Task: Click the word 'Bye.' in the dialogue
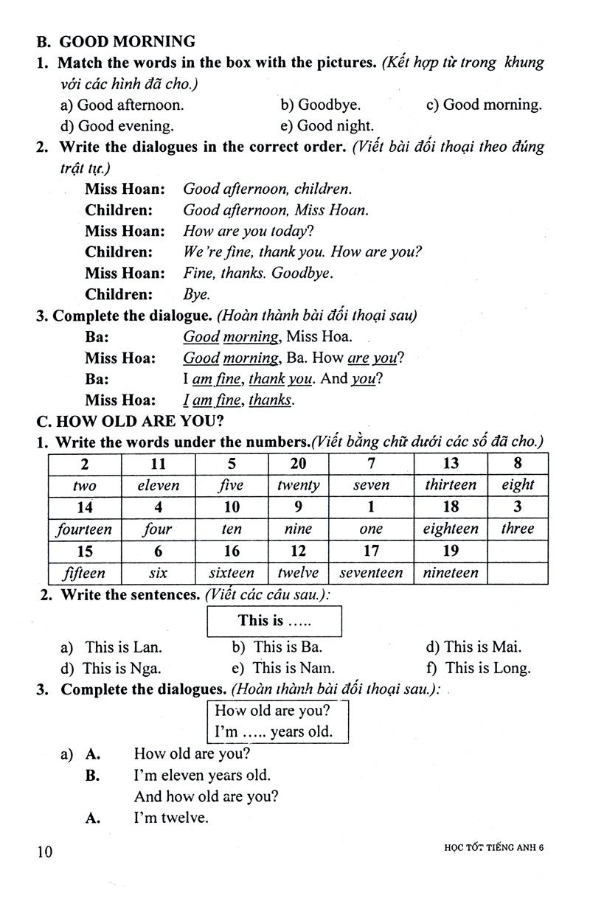click(196, 294)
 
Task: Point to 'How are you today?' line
click(248, 231)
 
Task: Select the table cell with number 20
click(299, 464)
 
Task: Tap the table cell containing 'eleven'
click(158, 485)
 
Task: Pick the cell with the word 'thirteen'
click(450, 485)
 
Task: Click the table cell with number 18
click(450, 507)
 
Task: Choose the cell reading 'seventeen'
click(371, 573)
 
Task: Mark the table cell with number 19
click(450, 551)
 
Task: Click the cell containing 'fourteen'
click(85, 529)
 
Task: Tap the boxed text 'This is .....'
click(275, 621)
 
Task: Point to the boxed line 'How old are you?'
click(272, 712)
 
